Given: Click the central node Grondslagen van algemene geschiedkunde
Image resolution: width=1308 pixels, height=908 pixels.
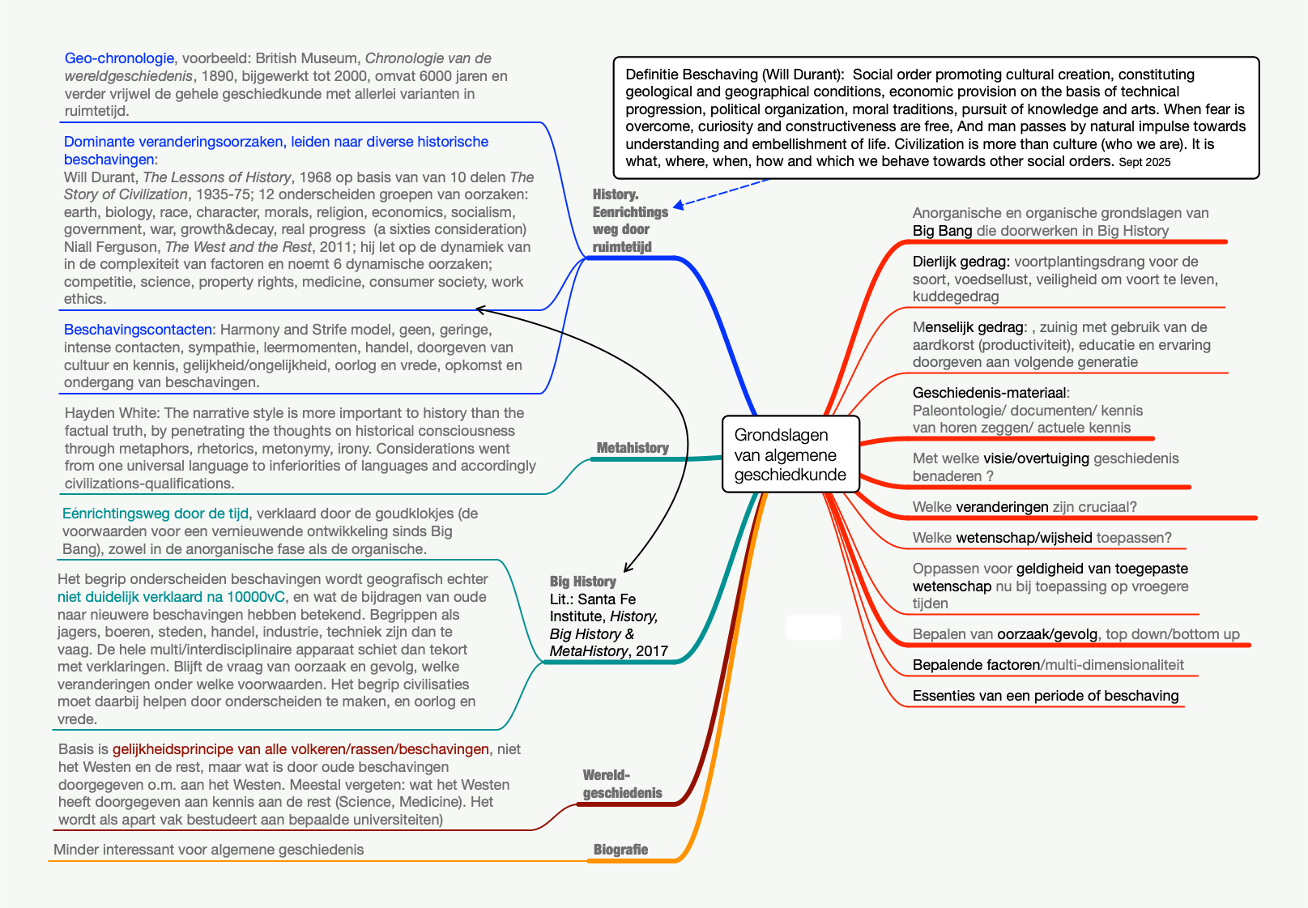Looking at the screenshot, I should coord(790,454).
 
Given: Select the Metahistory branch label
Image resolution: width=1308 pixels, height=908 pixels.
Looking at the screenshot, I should coord(633,448).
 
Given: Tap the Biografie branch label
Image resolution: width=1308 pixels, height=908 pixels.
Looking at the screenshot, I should coord(620,850).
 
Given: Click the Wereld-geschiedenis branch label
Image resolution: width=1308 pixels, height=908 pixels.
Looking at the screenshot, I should coord(622,784).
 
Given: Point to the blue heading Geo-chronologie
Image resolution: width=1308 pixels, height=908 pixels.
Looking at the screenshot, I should coord(119,58).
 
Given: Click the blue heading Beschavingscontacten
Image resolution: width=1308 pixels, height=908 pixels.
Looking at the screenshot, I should coord(138,330).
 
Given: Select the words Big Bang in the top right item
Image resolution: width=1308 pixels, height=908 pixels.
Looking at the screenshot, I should coord(942,231).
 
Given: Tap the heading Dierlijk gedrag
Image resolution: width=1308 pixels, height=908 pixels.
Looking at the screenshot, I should coord(961,262).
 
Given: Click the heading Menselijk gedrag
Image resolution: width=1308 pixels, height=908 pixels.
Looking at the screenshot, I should coord(969,327).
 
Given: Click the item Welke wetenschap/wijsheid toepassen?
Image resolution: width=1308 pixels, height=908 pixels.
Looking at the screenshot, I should coord(1042,538).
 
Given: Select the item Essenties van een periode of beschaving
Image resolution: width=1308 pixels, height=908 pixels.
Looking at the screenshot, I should coord(1045,696).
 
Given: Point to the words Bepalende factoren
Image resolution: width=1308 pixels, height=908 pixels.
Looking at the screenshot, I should coord(976,665).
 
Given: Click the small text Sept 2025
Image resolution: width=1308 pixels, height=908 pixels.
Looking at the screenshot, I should coord(1144,162).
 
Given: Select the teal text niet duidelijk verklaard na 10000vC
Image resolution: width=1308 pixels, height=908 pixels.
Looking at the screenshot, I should coord(171,597).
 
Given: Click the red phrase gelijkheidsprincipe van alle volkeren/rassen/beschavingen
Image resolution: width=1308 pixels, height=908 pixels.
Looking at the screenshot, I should coord(300,749).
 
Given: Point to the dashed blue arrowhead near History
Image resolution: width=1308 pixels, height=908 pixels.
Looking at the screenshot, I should coord(679,206).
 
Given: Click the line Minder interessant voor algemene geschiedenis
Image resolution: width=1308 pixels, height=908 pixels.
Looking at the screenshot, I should coord(208,850).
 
